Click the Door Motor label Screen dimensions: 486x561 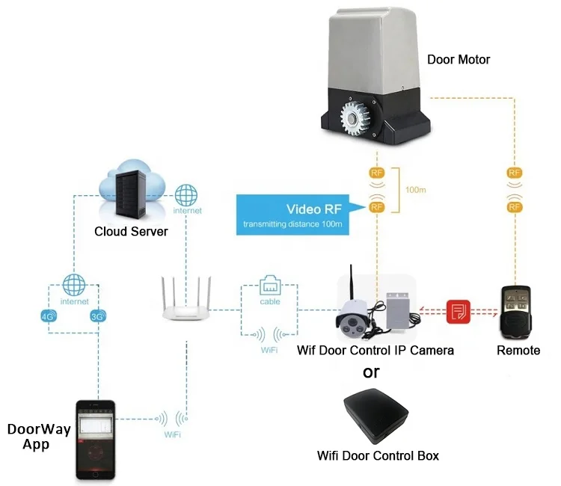click(459, 59)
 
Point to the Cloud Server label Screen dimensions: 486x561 click(131, 231)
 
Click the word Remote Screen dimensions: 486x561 click(518, 350)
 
